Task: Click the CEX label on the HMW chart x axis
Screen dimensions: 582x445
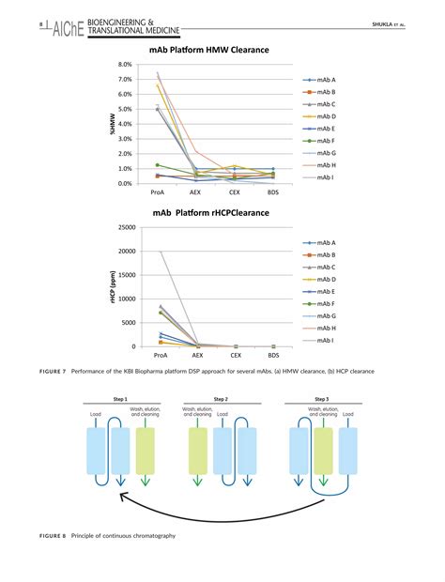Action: pos(236,191)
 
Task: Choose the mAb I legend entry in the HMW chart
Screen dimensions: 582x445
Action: pos(324,176)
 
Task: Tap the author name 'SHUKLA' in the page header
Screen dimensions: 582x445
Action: pos(385,23)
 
